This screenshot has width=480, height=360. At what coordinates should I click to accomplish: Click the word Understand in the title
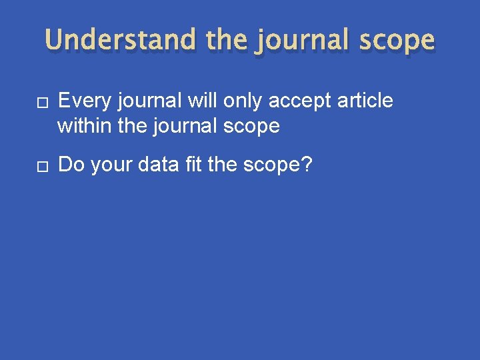pyautogui.click(x=120, y=41)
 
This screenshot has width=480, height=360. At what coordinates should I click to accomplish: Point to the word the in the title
pyautogui.click(x=227, y=41)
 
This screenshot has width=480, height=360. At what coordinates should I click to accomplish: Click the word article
pyautogui.click(x=365, y=101)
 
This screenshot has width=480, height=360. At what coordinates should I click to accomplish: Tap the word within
pyautogui.click(x=84, y=125)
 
